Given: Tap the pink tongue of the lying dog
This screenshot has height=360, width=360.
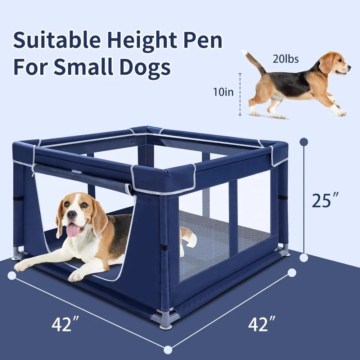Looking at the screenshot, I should point(73,230).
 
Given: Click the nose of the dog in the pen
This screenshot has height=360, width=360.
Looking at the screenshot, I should point(72,215).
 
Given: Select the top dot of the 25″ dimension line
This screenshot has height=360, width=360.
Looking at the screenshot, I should point(304,142).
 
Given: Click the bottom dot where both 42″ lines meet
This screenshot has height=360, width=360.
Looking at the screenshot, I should point(168,350).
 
